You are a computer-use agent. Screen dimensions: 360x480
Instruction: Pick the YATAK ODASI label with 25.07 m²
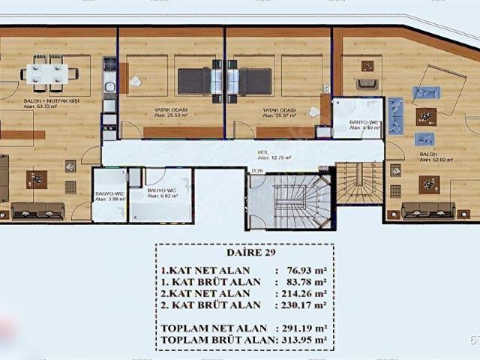pos(278,112)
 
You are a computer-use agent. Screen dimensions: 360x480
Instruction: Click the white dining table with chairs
pos(47,72)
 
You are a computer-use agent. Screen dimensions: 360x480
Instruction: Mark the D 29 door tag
pos(257,172)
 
